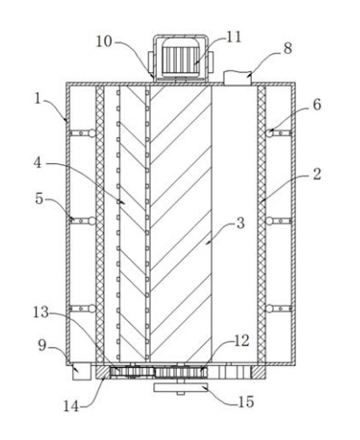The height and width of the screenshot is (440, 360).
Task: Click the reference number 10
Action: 104,41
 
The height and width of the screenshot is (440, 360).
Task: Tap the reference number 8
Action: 288,48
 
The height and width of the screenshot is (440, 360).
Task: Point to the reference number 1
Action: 37,98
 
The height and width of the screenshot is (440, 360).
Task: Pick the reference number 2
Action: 317,174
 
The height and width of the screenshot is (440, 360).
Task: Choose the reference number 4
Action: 37,162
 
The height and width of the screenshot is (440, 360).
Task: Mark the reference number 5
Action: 39,198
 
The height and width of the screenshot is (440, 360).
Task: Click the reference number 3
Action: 241,224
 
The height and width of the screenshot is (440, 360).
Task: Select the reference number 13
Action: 41,312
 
